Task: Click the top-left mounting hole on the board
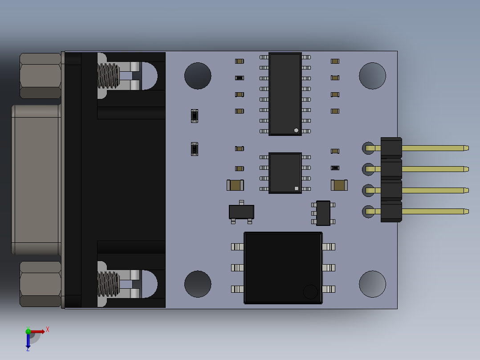pyautogui.click(x=198, y=76)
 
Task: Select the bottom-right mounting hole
pyautogui.click(x=372, y=284)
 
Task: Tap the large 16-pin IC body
pyautogui.click(x=285, y=94)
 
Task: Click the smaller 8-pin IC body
pyautogui.click(x=285, y=173)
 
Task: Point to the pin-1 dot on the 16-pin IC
pyautogui.click(x=296, y=130)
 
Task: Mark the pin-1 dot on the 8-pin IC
pyautogui.click(x=297, y=188)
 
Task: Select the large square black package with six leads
pyautogui.click(x=283, y=268)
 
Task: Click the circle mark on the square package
pyautogui.click(x=310, y=292)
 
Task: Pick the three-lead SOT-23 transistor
pyautogui.click(x=241, y=212)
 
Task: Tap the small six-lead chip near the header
pyautogui.click(x=323, y=213)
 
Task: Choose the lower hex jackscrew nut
pyautogui.click(x=40, y=284)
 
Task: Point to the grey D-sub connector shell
pyautogui.click(x=36, y=180)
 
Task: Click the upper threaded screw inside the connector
pyautogui.click(x=108, y=75)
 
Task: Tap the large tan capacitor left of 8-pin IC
pyautogui.click(x=236, y=185)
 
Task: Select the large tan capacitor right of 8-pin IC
pyautogui.click(x=339, y=185)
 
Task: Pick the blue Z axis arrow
pyautogui.click(x=28, y=341)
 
